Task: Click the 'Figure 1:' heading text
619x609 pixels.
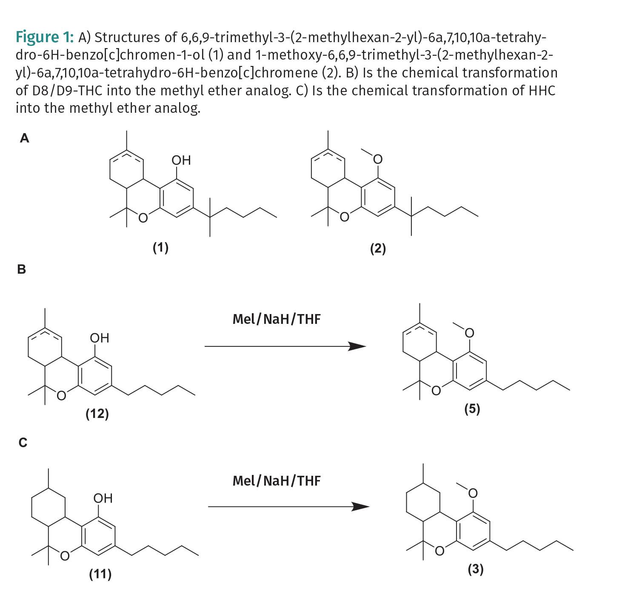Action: coord(45,37)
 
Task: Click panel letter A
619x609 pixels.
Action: coord(25,138)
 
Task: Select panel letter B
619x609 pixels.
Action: coord(21,269)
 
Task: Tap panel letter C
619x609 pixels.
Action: coord(23,443)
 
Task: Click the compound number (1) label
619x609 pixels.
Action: coord(160,247)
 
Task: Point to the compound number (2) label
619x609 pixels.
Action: coord(378,248)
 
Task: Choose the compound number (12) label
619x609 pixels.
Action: coord(97,413)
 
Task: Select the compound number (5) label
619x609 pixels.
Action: coord(472,409)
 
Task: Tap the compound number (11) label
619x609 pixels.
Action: coord(100,574)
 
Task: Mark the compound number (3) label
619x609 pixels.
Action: coord(475,569)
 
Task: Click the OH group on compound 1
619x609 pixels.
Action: coord(181,160)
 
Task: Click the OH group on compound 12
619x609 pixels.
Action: coord(100,338)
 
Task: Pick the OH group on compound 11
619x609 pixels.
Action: coord(103,498)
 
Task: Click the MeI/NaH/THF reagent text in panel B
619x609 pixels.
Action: coord(277,319)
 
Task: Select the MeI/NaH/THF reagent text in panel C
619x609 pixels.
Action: coord(277,480)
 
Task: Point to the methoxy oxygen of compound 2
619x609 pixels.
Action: coord(377,160)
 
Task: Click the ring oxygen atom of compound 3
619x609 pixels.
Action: coord(439,551)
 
